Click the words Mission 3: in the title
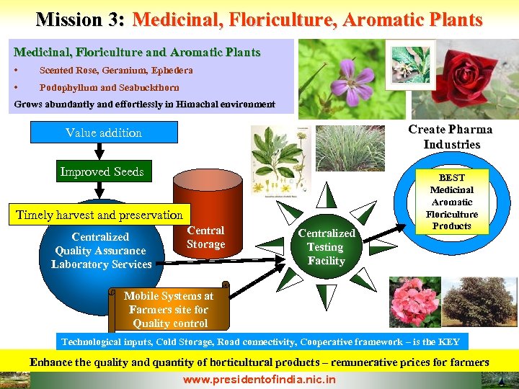tap(81, 19)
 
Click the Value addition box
tap(104, 133)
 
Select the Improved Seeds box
tap(102, 171)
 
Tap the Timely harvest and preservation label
tap(99, 215)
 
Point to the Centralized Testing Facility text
tap(327, 247)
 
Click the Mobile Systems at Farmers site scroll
tap(169, 308)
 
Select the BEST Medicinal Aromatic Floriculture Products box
tap(452, 201)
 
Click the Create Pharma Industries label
tap(451, 137)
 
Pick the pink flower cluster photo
tap(414, 302)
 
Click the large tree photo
tap(480, 302)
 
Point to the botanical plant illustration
tap(279, 160)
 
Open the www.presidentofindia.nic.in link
tap(259, 379)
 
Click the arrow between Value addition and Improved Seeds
tap(101, 151)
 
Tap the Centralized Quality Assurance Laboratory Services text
tap(101, 251)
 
